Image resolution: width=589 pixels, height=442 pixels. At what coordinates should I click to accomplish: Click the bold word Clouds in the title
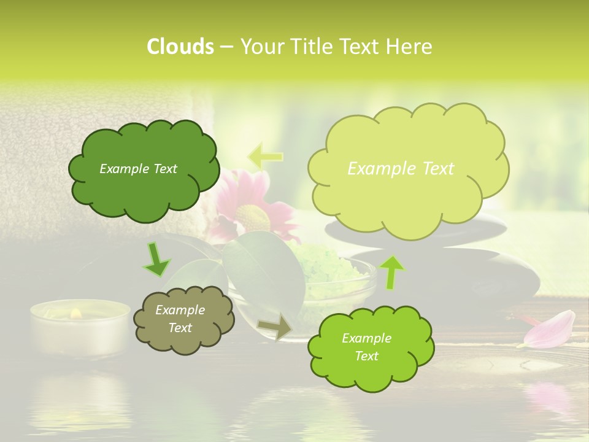pos(180,47)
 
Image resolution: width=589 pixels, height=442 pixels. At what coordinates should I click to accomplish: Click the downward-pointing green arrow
pos(157,260)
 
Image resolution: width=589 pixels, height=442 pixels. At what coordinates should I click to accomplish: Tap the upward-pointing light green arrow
pos(392,272)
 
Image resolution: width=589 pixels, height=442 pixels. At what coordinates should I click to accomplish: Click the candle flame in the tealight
pos(76,314)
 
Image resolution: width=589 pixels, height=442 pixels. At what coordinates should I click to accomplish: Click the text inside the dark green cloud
pos(138,169)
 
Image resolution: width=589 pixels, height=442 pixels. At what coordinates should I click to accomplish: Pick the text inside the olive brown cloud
pos(180,319)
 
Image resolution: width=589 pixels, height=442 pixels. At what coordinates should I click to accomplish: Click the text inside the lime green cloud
pos(366,347)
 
